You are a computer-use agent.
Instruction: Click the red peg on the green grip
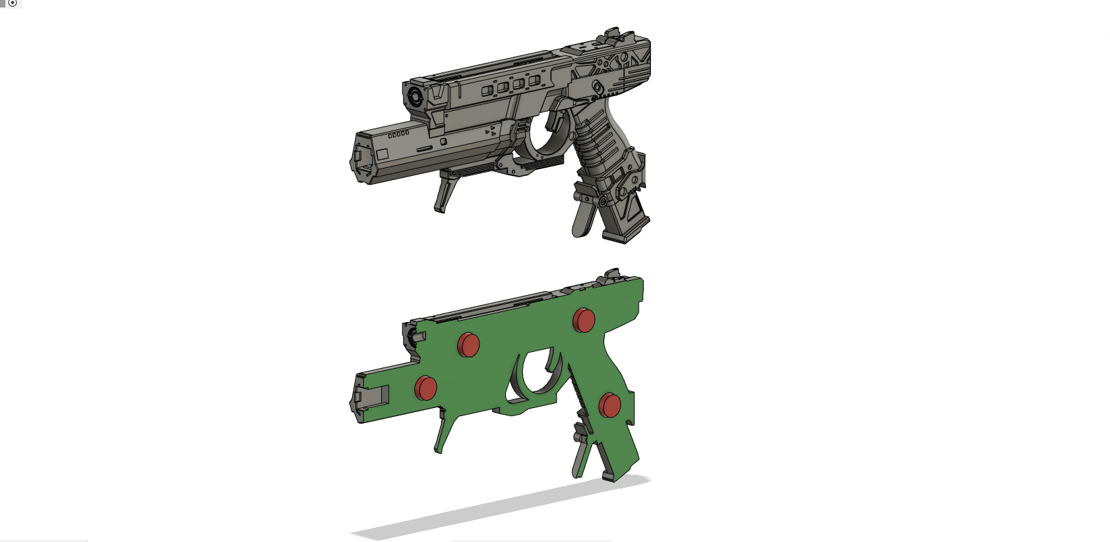(610, 405)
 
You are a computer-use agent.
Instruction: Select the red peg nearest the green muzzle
(425, 388)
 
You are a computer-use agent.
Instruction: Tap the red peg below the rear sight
(584, 320)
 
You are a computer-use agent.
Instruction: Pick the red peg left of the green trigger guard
(468, 344)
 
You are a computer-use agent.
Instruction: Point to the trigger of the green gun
(551, 369)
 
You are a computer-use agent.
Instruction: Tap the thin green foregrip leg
(446, 433)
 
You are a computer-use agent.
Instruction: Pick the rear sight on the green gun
(612, 273)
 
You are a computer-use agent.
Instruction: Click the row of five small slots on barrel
(398, 135)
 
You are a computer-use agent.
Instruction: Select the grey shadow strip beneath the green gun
(501, 507)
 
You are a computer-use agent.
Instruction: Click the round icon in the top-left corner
(12, 3)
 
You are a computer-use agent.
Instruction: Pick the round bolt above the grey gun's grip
(597, 87)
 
